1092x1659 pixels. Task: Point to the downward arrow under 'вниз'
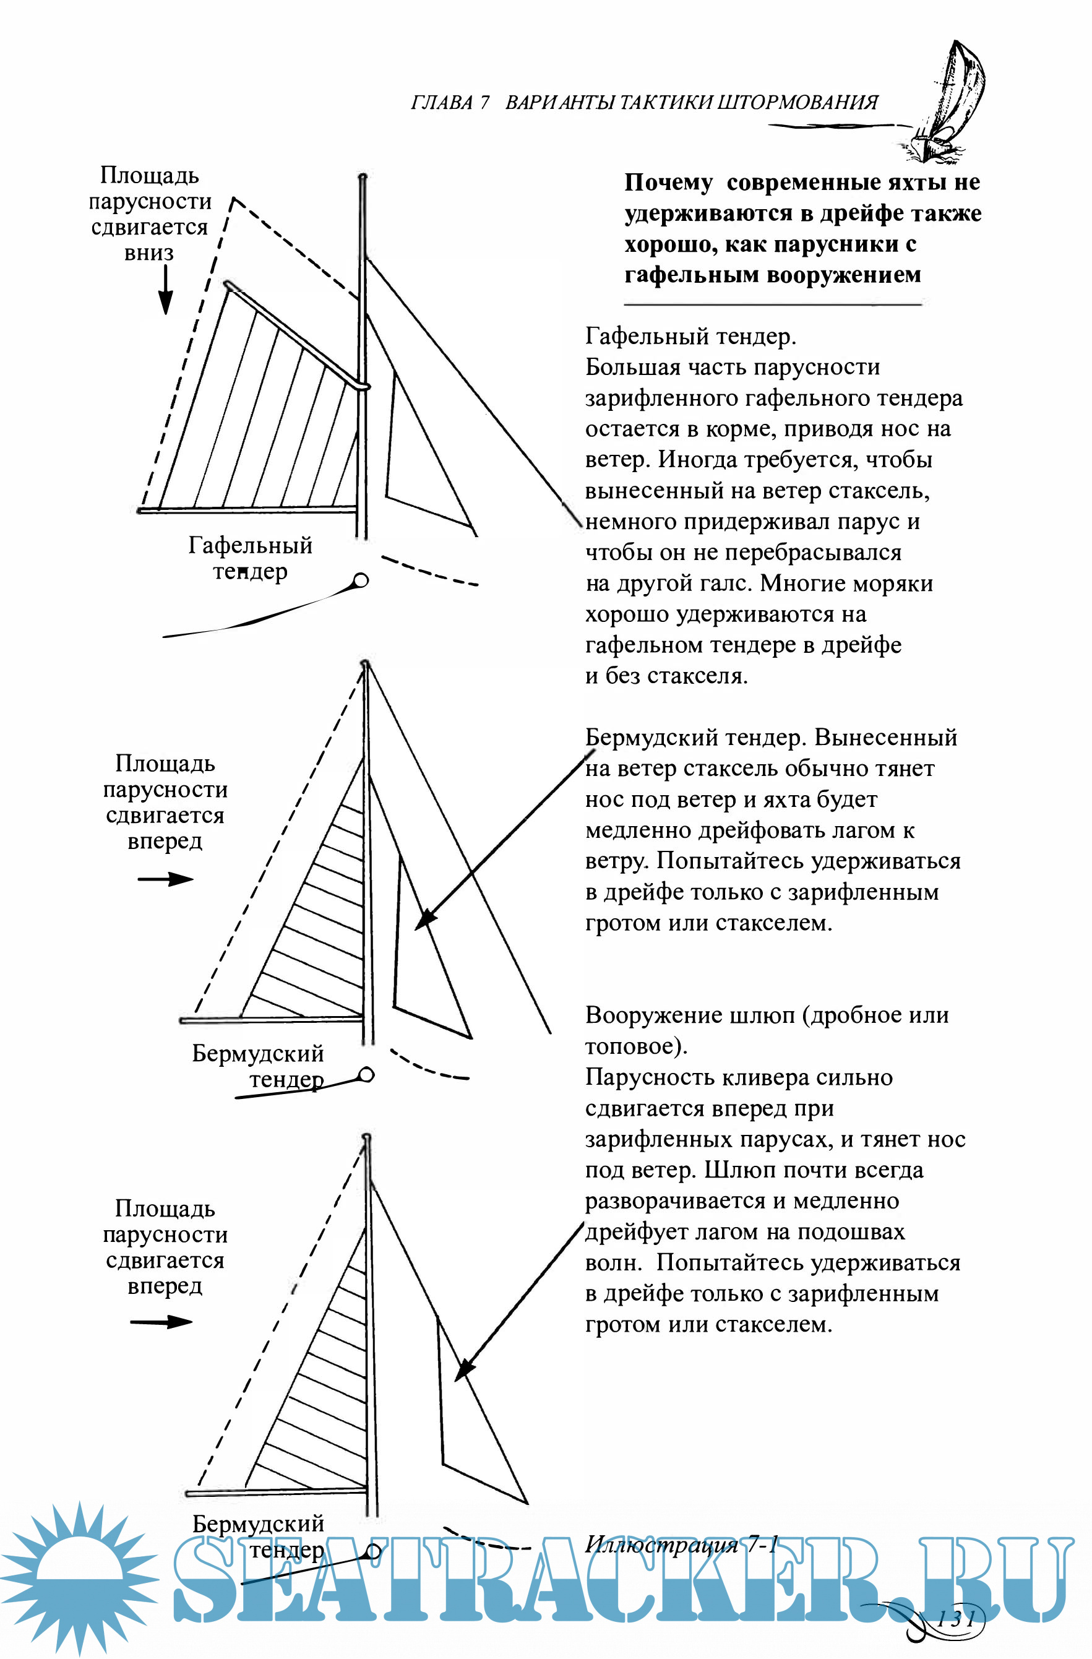coord(165,289)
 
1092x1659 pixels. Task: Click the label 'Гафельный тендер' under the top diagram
coord(250,558)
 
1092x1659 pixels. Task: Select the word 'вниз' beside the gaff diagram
coord(149,252)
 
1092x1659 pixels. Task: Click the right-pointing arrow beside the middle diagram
coord(165,879)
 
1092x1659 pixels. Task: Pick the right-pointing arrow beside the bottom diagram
coord(161,1322)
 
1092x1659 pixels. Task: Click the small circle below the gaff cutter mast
coord(360,580)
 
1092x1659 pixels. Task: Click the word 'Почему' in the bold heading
coord(668,183)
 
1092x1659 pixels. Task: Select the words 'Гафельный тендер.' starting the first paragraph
coord(690,337)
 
